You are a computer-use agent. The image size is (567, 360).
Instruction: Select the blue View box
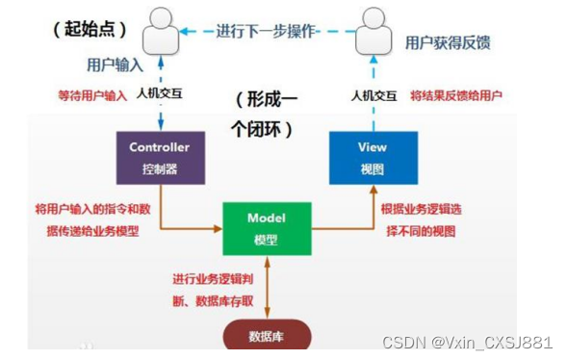coord(373,156)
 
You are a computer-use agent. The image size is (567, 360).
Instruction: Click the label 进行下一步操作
coord(267,31)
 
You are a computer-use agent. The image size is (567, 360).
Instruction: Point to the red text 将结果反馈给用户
coord(456,96)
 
